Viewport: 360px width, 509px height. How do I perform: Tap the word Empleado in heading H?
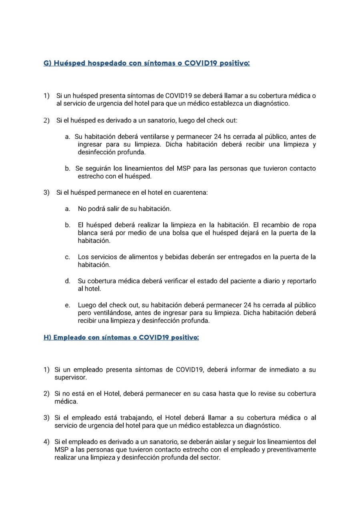pos(68,338)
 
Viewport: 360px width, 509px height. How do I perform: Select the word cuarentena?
pos(189,192)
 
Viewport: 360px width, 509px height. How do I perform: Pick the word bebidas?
pos(177,257)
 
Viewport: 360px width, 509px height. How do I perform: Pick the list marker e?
pos(68,305)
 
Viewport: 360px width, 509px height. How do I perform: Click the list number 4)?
pos(46,442)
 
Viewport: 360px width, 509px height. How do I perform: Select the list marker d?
pos(68,281)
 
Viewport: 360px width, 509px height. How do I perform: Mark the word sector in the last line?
pos(210,458)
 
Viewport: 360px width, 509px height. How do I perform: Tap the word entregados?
pos(244,257)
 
